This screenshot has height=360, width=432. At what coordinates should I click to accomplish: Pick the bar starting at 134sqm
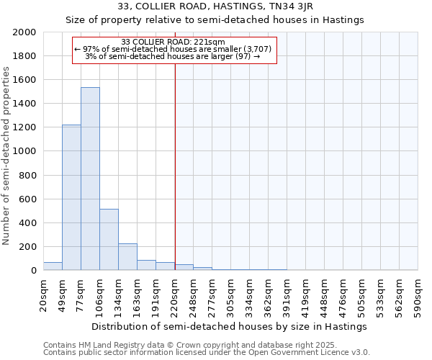[127, 256]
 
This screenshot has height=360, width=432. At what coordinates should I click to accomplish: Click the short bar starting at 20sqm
[53, 266]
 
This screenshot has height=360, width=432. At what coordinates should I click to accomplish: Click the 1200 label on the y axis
[25, 127]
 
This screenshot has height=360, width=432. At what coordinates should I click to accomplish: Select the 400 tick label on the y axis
[28, 223]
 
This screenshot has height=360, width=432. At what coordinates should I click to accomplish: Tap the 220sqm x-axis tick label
[175, 295]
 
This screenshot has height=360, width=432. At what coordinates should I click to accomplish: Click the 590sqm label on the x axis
[418, 295]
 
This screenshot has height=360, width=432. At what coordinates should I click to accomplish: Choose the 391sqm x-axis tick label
[287, 295]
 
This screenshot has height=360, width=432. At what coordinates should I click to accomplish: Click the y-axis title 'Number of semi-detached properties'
[7, 156]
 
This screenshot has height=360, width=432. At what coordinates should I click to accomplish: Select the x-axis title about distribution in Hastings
[230, 326]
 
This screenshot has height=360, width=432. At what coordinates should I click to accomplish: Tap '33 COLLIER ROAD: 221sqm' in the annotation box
[174, 42]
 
